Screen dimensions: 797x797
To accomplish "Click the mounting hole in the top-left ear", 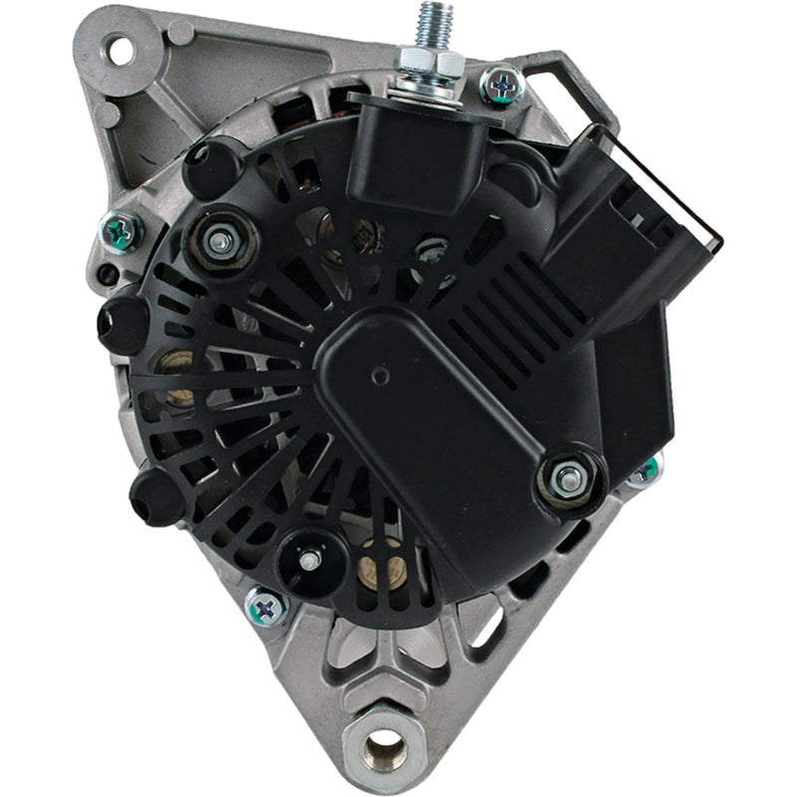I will pos(120,48).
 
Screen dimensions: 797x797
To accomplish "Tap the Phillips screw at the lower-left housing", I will pos(265,605).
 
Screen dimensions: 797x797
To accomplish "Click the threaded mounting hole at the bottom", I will pos(384,744).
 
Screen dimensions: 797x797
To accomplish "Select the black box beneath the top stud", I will pos(418,149).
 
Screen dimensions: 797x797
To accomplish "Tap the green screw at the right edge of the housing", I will pos(648,468).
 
